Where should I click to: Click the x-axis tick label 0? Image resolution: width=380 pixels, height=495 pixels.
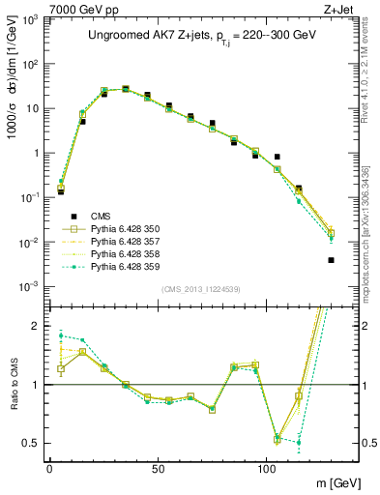pyautogui.click(x=49, y=468)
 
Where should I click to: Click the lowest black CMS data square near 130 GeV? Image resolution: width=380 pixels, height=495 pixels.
pyautogui.click(x=331, y=260)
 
